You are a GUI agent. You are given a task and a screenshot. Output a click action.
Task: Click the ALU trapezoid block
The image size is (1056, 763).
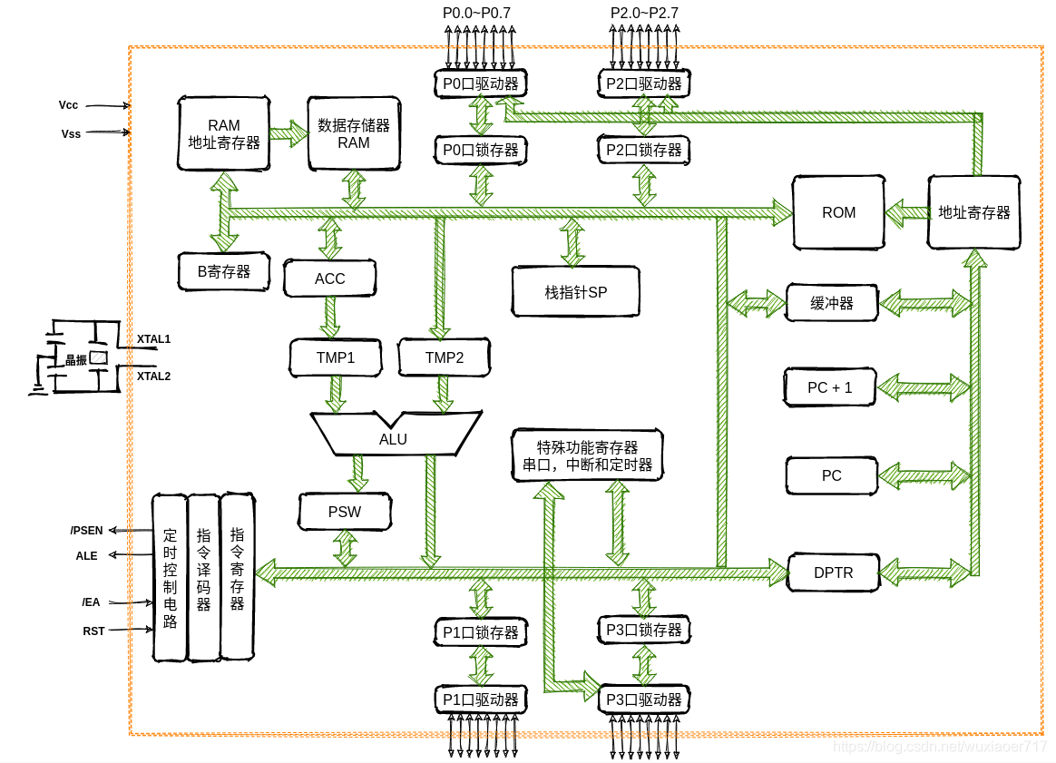click(396, 433)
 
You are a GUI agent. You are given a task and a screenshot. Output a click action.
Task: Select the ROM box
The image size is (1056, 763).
click(838, 213)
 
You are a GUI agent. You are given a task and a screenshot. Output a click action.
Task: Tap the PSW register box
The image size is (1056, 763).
click(345, 512)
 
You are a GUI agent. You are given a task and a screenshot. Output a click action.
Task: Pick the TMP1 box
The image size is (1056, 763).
click(336, 357)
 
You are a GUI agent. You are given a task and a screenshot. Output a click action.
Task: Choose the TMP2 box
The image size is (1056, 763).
click(445, 357)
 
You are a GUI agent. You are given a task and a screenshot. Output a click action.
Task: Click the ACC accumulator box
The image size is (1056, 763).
click(330, 279)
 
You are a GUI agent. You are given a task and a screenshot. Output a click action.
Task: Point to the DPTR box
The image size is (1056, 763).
click(834, 572)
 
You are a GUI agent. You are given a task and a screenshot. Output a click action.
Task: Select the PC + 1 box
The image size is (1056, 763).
click(830, 387)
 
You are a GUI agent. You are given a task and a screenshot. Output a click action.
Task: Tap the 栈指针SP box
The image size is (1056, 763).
click(576, 291)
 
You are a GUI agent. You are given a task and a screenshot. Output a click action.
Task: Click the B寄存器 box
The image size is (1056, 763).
click(224, 271)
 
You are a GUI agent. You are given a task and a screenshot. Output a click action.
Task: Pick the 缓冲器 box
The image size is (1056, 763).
click(833, 303)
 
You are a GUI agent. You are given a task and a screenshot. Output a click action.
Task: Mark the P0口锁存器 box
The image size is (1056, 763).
click(481, 151)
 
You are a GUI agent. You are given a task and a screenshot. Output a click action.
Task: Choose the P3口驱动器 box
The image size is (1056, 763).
click(644, 699)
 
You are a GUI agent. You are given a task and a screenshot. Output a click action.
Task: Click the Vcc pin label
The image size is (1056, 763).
click(69, 105)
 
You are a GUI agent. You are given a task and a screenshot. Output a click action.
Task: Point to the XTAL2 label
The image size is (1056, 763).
click(153, 377)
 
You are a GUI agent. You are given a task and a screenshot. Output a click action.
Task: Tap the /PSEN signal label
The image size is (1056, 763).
click(87, 531)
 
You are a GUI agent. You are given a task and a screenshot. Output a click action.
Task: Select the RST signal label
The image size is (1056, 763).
click(93, 631)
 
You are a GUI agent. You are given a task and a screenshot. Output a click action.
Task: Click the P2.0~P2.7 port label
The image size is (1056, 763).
click(644, 13)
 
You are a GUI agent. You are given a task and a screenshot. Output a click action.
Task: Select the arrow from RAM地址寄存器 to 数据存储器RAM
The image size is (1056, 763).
click(288, 133)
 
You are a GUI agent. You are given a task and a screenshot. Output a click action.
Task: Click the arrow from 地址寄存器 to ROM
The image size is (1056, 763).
click(906, 213)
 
